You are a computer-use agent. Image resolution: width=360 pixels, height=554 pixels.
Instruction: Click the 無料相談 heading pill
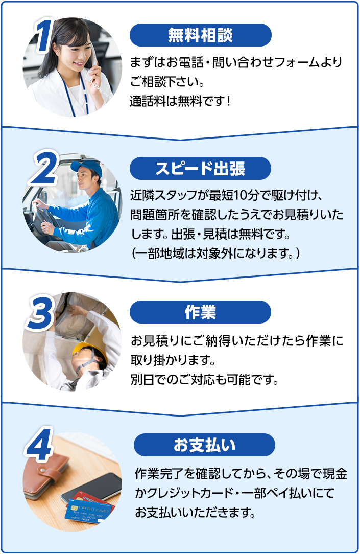tap(201, 35)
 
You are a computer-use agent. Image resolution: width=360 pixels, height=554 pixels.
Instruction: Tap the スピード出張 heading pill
tap(201, 168)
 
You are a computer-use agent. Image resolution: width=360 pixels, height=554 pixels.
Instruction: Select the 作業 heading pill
tap(201, 312)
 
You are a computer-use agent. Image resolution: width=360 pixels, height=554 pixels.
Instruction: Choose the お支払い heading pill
tap(204, 445)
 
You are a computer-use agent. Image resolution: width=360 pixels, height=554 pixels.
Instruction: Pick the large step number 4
tap(39, 445)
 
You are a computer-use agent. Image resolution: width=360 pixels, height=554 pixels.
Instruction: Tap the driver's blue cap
tap(87, 168)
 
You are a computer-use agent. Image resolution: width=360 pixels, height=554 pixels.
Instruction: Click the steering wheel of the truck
tap(44, 216)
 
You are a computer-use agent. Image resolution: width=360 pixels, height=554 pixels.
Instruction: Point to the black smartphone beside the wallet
tap(93, 488)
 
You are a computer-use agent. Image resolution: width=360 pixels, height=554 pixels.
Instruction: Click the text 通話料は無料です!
tap(180, 101)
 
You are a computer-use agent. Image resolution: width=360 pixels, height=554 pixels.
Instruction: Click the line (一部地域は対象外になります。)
tap(215, 253)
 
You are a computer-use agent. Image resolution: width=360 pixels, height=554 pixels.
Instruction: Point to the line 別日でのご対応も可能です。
tap(205, 380)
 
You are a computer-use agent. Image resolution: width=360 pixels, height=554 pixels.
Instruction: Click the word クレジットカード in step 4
tap(188, 493)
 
